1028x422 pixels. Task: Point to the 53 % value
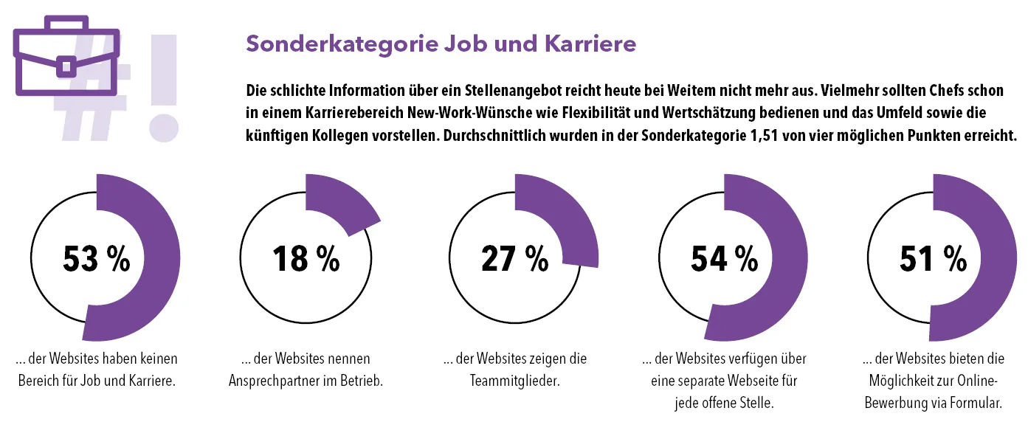click(x=96, y=259)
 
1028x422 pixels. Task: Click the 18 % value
click(x=306, y=259)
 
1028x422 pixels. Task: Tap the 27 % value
click(x=515, y=259)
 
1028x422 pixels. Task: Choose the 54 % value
click(x=724, y=259)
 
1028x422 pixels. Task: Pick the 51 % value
click(x=933, y=259)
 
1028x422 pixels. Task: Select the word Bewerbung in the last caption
click(x=896, y=404)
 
